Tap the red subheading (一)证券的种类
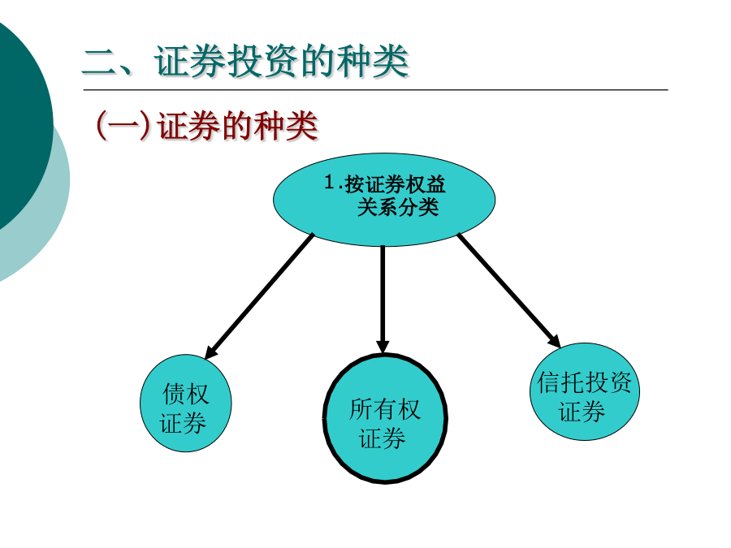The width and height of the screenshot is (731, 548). point(206,125)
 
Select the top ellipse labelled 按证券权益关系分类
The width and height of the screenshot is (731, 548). point(384,200)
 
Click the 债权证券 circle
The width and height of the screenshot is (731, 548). point(185,403)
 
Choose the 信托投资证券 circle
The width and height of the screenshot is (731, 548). point(585,391)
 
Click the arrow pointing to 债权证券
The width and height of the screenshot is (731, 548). point(259,296)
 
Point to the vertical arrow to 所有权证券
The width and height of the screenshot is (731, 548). point(383,300)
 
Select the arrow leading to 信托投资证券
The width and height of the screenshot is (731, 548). point(509,291)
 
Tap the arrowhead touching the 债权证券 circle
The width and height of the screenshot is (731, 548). point(210,352)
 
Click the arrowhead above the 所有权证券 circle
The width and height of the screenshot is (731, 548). point(383,347)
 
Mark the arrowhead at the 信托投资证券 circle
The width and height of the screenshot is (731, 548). point(555,341)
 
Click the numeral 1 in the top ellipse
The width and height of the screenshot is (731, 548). point(330,182)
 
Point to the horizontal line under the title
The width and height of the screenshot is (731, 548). point(376,89)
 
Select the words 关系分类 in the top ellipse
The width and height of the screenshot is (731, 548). point(398,206)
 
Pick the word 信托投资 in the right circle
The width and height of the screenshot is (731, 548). point(585,382)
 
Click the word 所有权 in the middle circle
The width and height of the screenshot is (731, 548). point(385,409)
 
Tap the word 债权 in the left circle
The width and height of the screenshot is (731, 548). point(185,394)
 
